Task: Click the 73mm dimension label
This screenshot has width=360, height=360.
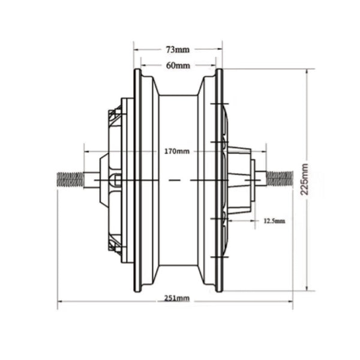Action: point(178,49)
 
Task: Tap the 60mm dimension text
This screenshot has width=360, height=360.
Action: point(178,65)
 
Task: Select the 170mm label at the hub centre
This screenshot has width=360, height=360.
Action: point(177,151)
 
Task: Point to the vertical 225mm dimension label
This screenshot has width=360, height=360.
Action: point(304,179)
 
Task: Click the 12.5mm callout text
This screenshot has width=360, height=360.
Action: point(275,221)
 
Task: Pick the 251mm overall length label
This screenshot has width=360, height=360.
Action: point(177,298)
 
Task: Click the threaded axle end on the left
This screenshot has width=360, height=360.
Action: point(70,179)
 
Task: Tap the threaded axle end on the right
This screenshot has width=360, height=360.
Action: point(280,179)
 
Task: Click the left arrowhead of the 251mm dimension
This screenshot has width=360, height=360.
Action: point(60,301)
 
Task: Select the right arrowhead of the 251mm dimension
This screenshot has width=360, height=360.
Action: point(290,301)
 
